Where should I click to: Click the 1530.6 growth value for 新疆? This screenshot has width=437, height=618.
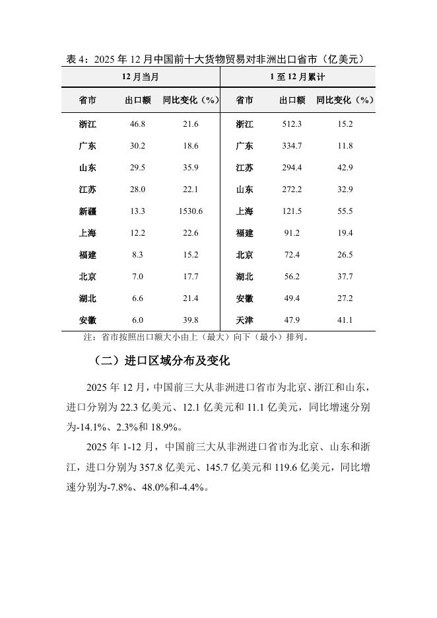coord(190,211)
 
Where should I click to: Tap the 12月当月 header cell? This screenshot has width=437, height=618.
coord(141,77)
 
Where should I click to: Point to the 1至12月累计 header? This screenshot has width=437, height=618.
coord(297,77)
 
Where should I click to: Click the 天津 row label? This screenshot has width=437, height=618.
coord(244,320)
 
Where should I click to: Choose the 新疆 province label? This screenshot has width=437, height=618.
coord(87,211)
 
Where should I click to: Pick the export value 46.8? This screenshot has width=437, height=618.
coord(138,124)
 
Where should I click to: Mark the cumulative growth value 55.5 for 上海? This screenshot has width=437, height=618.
coord(345,211)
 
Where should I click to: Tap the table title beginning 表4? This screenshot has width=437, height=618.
coord(215,59)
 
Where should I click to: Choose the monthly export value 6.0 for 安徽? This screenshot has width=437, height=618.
coord(138,320)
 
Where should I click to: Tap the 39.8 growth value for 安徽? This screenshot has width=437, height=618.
coord(190,320)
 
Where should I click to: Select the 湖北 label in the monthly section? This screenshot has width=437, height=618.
coord(87,298)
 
